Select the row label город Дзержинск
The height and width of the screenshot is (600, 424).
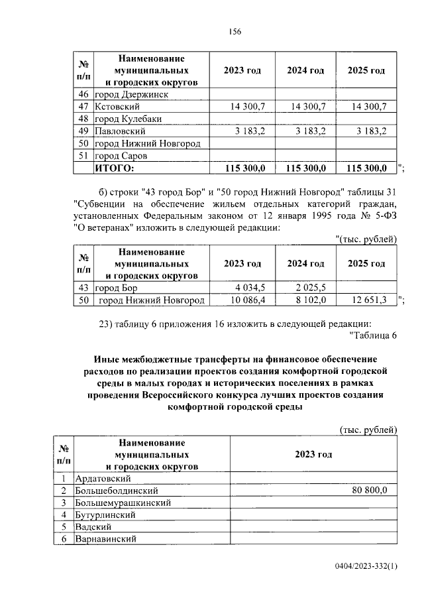click(131, 94)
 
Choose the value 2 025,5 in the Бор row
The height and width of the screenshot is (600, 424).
click(310, 288)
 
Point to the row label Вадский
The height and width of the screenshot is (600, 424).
click(111, 527)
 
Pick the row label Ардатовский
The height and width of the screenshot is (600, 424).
click(123, 478)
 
